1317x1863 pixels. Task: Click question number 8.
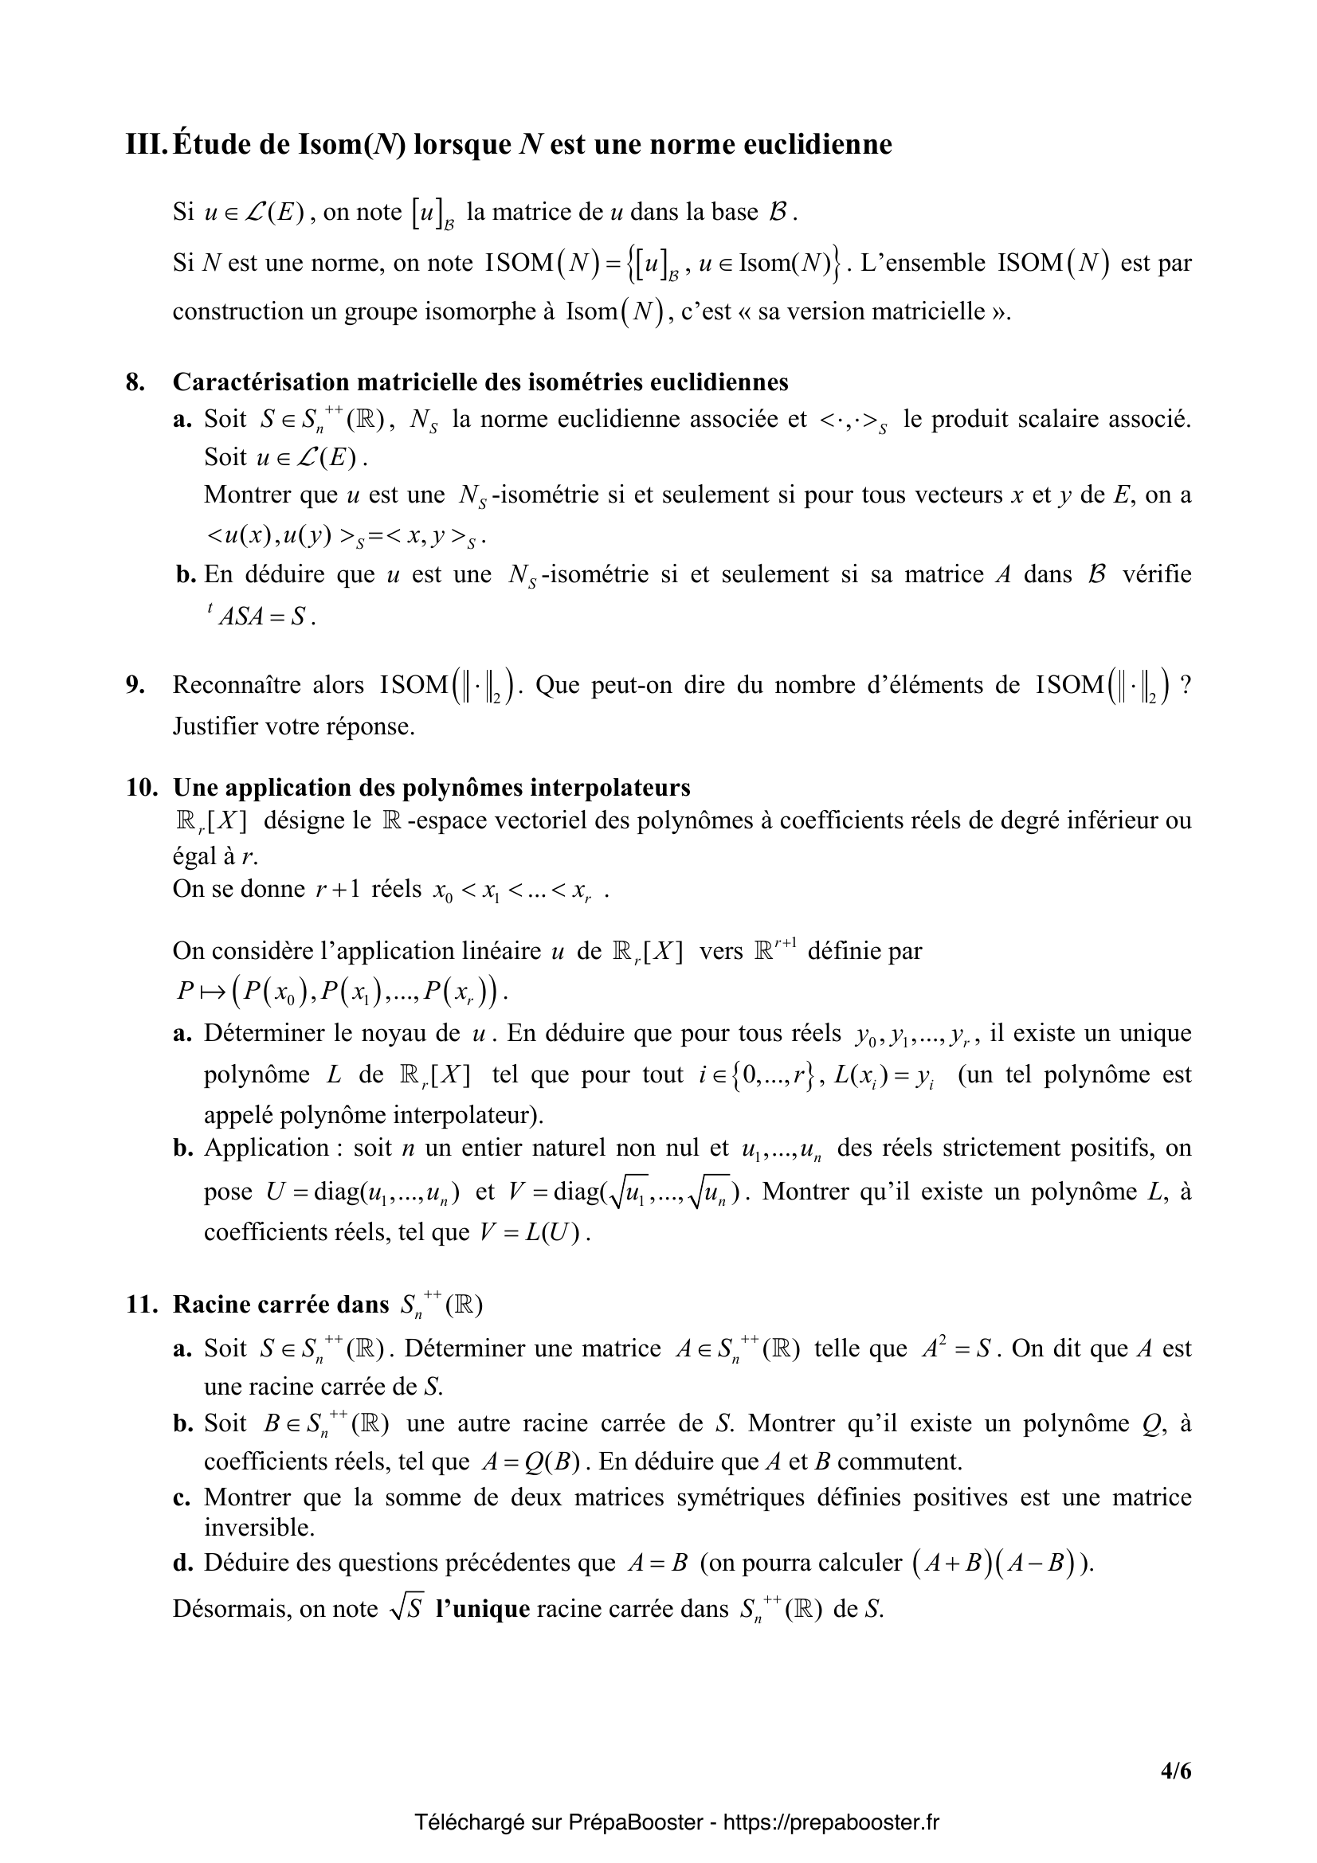coord(135,382)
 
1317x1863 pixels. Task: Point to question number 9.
coord(135,686)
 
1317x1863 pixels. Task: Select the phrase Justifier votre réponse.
coord(294,726)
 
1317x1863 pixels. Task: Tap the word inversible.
coord(258,1528)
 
